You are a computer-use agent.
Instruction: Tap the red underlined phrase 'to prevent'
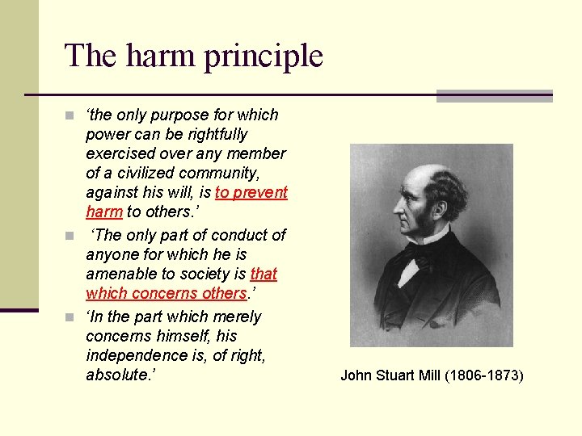pyautogui.click(x=251, y=192)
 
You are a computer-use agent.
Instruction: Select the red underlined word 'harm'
pyautogui.click(x=104, y=212)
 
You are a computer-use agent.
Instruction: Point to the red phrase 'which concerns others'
pyautogui.click(x=166, y=293)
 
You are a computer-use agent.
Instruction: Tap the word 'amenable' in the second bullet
pyautogui.click(x=118, y=274)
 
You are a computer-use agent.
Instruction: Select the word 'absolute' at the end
pyautogui.click(x=118, y=375)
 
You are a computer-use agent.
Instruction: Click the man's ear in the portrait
pyautogui.click(x=437, y=201)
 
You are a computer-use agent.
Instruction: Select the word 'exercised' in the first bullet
pyautogui.click(x=118, y=153)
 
